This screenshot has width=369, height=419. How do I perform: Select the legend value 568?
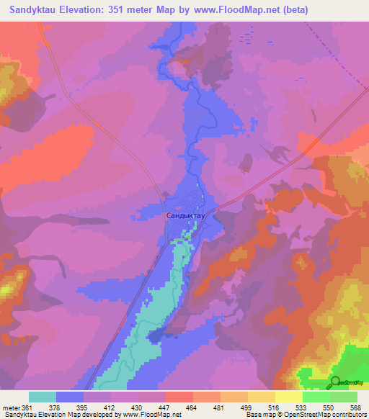point(355,407)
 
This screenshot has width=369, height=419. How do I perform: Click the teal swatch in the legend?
point(43,397)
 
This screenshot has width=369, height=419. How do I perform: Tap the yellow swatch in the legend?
point(288,397)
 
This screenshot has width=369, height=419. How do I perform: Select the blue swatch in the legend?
point(70,397)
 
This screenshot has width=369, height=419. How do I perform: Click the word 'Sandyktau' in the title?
point(32,10)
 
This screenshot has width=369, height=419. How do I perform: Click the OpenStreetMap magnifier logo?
point(336,382)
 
